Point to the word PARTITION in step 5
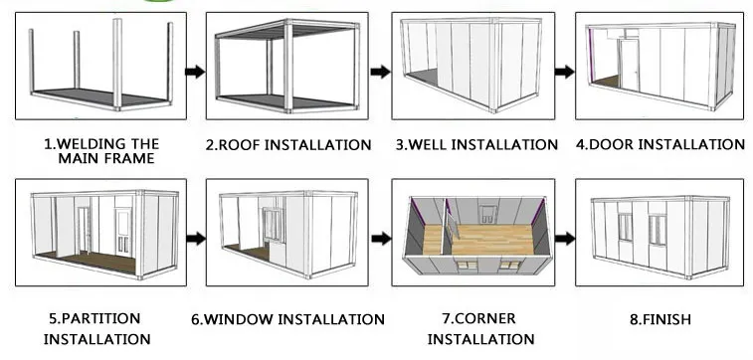point(101,318)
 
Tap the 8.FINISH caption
point(660,319)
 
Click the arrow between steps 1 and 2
point(195,72)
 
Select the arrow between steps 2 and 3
point(380,72)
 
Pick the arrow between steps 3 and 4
point(565,72)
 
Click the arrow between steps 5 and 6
point(196,238)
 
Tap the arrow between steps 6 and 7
point(381,238)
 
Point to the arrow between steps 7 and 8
point(565,238)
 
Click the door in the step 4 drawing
point(629,66)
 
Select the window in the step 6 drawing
point(275,224)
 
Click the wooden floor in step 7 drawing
point(480,240)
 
